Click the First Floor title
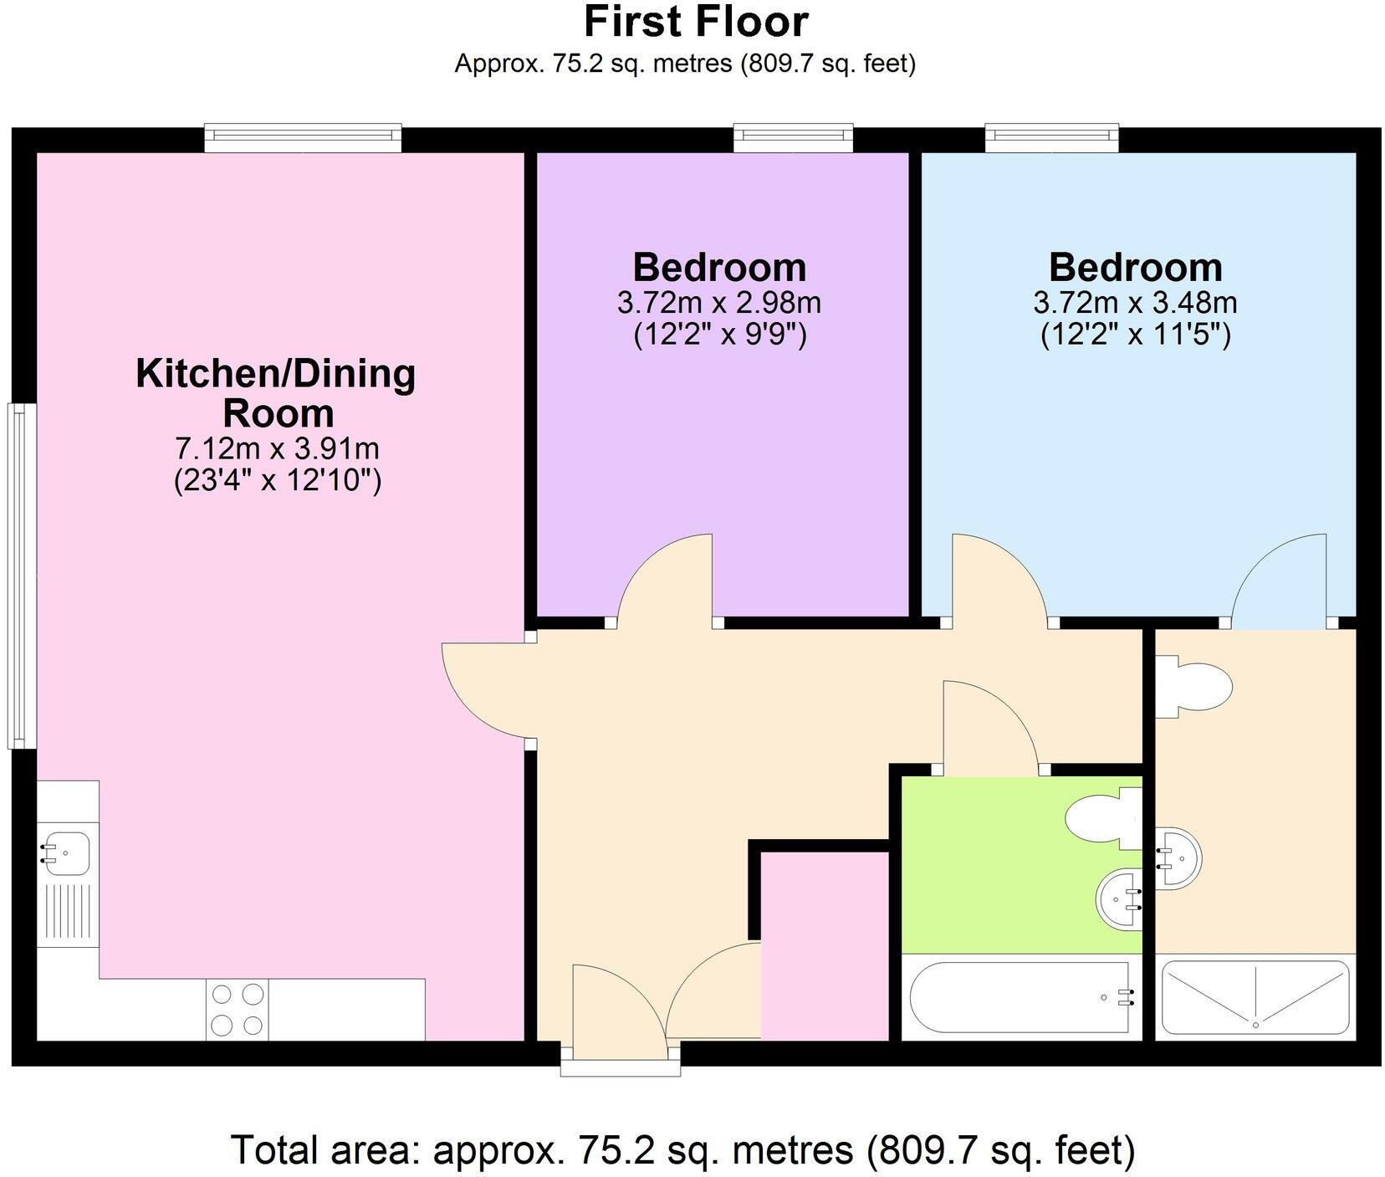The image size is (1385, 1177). [696, 22]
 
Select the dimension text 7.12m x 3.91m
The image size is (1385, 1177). [277, 449]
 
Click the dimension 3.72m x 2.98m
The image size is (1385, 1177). [719, 302]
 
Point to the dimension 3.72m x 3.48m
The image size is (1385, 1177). [1136, 302]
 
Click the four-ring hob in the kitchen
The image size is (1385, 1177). [238, 1009]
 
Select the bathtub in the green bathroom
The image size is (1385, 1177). [1021, 997]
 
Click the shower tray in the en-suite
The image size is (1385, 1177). [1255, 997]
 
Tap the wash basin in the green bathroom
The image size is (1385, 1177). [1118, 900]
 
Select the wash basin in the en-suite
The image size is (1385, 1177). [1178, 857]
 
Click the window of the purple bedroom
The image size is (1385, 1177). [794, 138]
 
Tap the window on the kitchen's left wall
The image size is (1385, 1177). [21, 576]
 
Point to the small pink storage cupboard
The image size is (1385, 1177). [824, 945]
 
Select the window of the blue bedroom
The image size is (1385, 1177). [1051, 138]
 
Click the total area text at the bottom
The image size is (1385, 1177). [682, 1149]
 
